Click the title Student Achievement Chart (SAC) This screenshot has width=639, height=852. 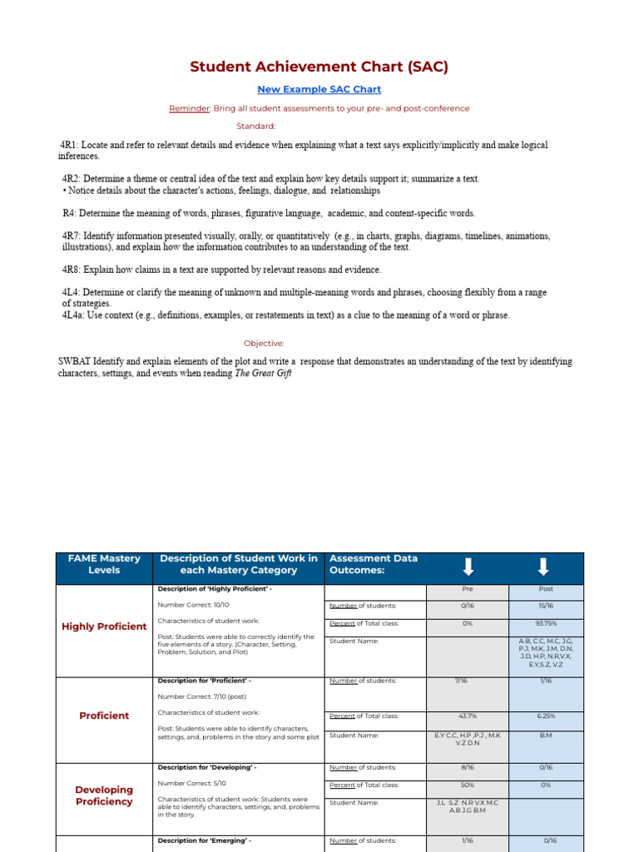point(319,67)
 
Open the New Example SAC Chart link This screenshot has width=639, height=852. point(319,90)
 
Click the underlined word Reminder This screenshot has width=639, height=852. point(190,108)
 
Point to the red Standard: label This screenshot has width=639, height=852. point(255,126)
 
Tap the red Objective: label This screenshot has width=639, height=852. point(264,343)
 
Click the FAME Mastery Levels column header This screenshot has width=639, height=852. point(104,564)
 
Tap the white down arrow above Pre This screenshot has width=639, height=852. point(468,567)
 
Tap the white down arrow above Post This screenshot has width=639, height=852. point(543,567)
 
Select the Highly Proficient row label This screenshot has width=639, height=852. point(104,627)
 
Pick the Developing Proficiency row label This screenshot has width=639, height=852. point(104,796)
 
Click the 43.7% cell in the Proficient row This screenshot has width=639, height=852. point(467,716)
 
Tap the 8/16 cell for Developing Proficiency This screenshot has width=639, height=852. point(467,768)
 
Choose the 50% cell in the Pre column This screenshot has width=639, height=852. point(467,785)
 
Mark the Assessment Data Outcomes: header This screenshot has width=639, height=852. point(374,564)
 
